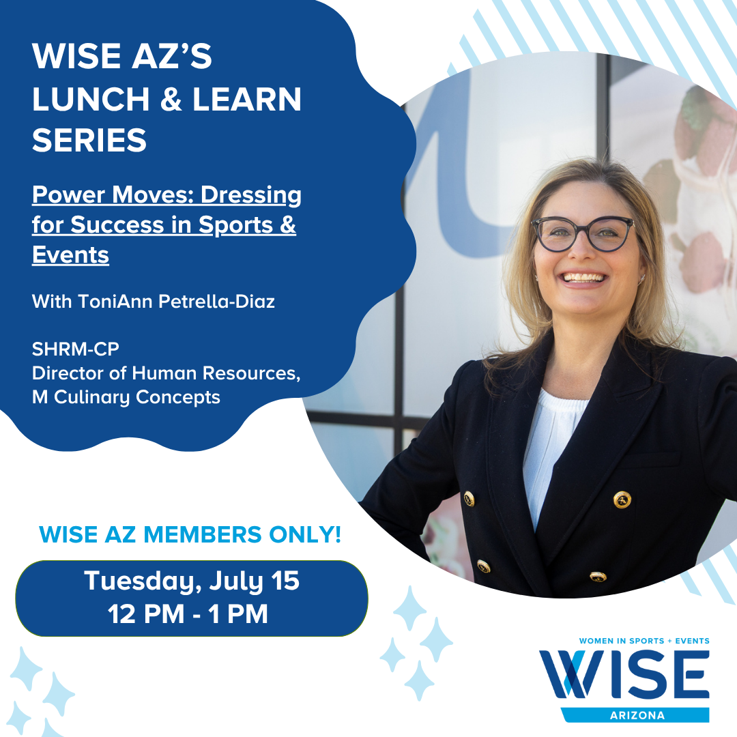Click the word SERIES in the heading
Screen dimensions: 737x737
pos(89,140)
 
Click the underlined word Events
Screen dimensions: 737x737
pos(70,255)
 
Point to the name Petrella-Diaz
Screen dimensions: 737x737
pos(217,302)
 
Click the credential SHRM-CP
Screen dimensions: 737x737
pos(76,349)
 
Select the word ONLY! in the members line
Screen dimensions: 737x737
pos(304,534)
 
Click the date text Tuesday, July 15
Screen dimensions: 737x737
pos(192,581)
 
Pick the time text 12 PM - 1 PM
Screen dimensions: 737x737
pos(188,614)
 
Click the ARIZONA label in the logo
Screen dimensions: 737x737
pos(637,715)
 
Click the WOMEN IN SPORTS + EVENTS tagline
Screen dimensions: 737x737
pos(644,641)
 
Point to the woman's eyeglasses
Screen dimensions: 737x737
pos(582,233)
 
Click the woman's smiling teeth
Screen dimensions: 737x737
pos(584,277)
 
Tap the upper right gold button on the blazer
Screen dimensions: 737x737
pos(622,499)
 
